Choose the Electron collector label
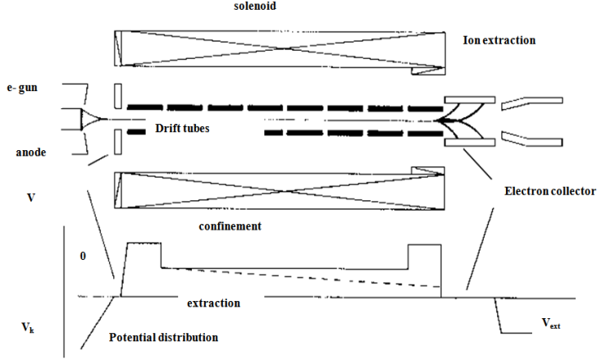pyautogui.click(x=549, y=191)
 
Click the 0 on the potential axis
pyautogui.click(x=82, y=257)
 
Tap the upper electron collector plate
pyautogui.click(x=468, y=100)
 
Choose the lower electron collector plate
pyautogui.click(x=468, y=143)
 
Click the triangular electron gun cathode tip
pyautogui.click(x=90, y=121)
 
